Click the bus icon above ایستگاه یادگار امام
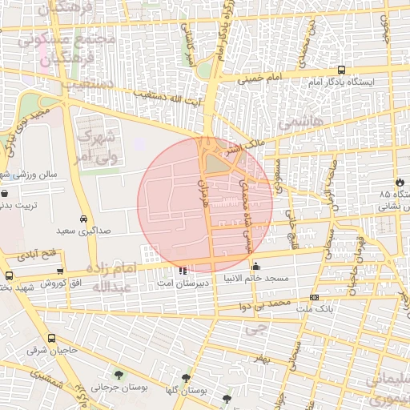tap(342, 70)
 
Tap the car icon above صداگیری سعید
tap(84, 219)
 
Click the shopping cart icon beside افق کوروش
tap(9, 275)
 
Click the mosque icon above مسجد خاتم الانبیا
tap(255, 267)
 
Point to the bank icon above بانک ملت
tap(314, 297)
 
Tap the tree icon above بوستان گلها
tap(187, 378)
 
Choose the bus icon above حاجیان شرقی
tap(52, 339)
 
